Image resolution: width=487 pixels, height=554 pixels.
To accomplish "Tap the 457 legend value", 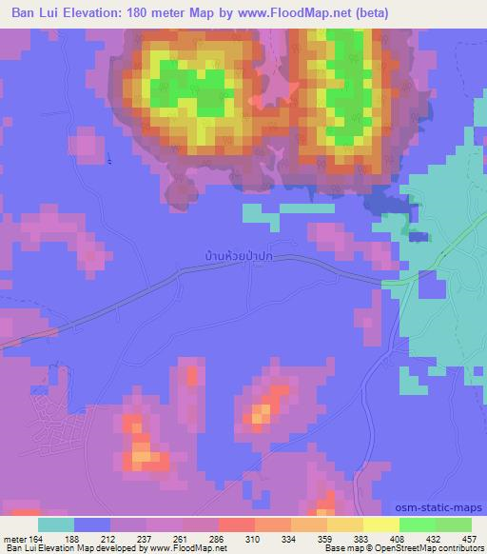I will click(x=469, y=539).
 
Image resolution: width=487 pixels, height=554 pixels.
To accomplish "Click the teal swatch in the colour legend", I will click(x=56, y=524).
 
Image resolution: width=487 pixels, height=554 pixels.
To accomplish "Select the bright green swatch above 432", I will click(x=417, y=524).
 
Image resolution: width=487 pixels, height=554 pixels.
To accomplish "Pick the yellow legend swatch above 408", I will click(x=380, y=524).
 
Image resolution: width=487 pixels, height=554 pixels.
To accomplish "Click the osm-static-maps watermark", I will click(x=439, y=508).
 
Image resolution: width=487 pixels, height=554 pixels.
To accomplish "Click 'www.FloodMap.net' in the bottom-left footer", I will click(x=185, y=549).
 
